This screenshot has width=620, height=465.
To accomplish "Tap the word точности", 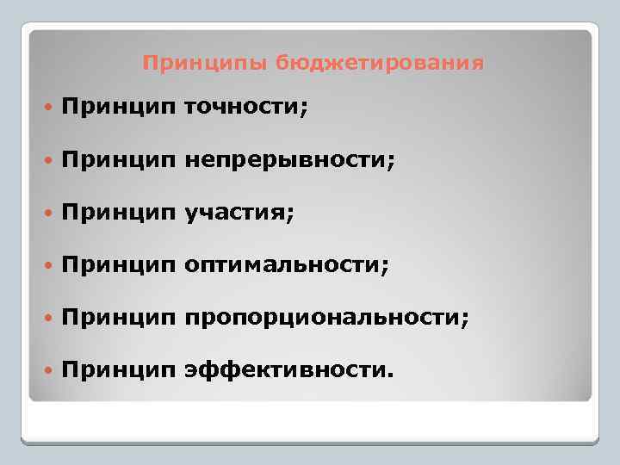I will (245, 108).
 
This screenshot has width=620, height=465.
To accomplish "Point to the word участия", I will (239, 214).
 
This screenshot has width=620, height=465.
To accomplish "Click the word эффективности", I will (288, 371).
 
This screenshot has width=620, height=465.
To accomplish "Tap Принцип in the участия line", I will (119, 214).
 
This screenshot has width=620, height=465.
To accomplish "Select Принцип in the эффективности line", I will (119, 372).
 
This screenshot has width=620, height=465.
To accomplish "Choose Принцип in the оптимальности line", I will (119, 267).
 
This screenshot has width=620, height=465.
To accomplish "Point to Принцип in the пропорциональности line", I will (119, 319).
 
